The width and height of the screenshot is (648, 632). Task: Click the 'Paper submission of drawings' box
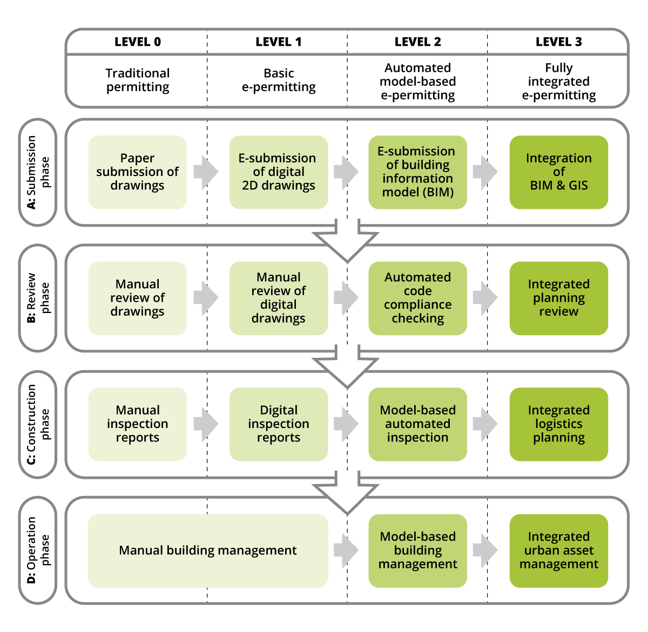point(138,172)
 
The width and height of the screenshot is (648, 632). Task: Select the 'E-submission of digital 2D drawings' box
point(279,172)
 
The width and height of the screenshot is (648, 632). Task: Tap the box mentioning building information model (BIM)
point(417,172)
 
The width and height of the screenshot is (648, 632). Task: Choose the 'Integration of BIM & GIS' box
point(558,172)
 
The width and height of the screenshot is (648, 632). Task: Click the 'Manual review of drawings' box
point(138,298)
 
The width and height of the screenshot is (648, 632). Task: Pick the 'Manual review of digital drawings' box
point(279,298)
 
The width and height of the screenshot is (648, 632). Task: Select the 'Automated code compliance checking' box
point(417,298)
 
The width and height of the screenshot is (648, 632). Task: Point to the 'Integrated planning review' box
point(558,298)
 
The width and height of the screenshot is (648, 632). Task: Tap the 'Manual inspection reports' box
point(138,424)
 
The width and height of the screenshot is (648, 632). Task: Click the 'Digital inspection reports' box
point(279,424)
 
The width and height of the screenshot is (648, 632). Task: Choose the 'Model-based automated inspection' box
point(417,424)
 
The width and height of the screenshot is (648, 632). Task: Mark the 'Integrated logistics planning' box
point(558,424)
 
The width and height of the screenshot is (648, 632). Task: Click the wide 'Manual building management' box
point(208,551)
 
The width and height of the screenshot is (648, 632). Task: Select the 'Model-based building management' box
point(417,551)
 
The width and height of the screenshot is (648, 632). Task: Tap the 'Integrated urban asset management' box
point(558,551)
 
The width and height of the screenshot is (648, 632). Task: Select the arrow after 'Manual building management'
point(346,551)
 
